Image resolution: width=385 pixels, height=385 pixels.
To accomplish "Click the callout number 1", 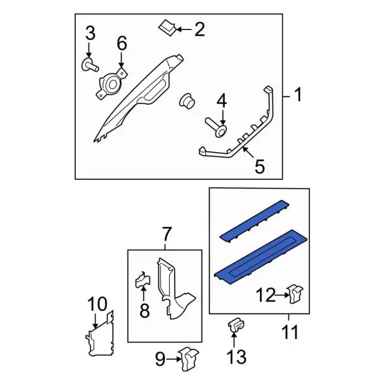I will click(298, 94).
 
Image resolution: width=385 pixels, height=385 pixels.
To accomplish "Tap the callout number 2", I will click(199, 28).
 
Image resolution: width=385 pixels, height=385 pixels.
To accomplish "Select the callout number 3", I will click(90, 34).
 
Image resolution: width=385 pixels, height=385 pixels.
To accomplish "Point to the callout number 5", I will click(259, 166).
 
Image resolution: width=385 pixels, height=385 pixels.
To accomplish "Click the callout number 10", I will click(97, 304).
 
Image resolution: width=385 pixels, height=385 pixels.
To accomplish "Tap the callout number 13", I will click(237, 358).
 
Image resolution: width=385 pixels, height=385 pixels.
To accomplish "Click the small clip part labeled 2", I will click(167, 26).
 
